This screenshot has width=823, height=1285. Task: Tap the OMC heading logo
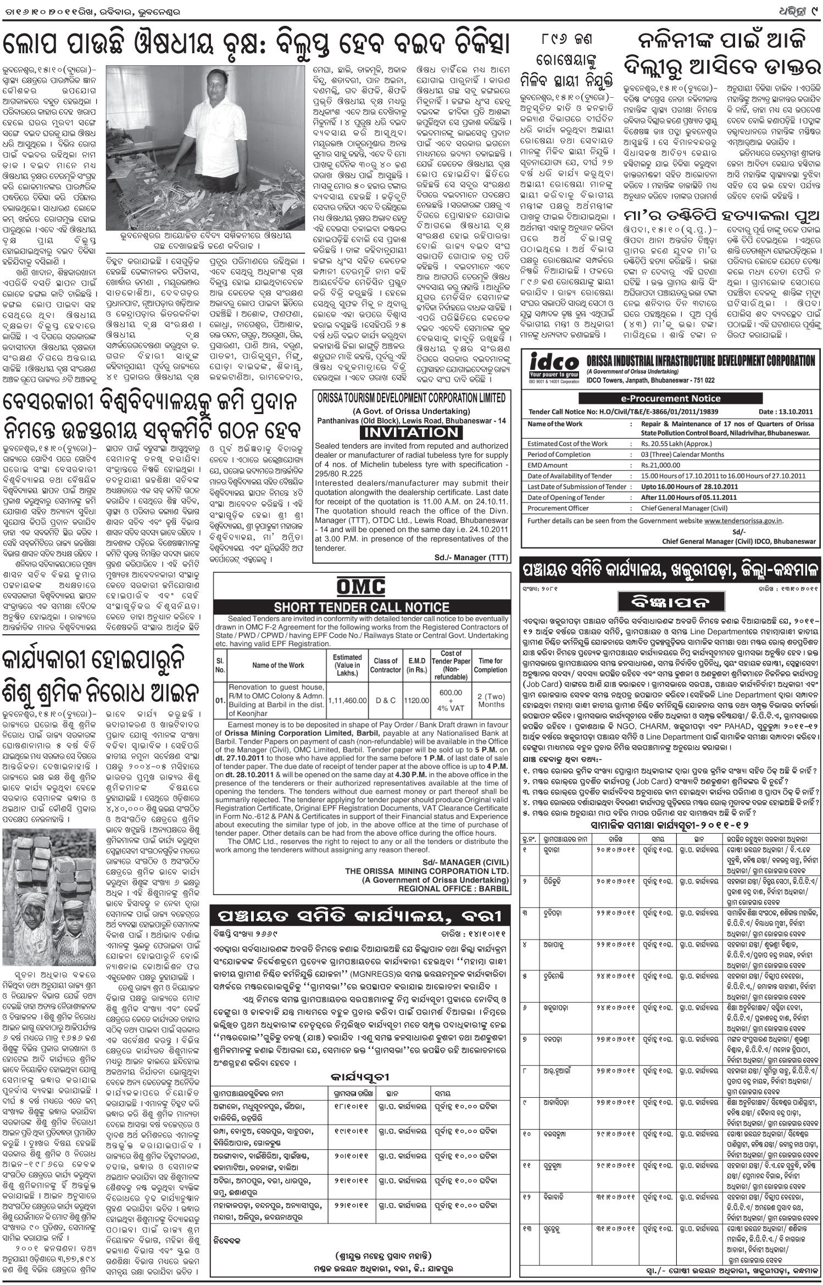point(361,588)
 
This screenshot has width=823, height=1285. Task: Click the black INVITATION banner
point(410,433)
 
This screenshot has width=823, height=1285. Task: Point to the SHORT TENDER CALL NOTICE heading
point(362,607)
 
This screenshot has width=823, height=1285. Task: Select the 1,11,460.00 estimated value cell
point(347,700)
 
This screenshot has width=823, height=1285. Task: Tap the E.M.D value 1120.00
point(418,700)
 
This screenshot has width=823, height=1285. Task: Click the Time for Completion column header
point(491,665)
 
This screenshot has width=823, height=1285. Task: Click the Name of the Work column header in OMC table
point(278,665)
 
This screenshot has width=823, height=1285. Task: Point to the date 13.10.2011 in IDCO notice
point(787,411)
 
